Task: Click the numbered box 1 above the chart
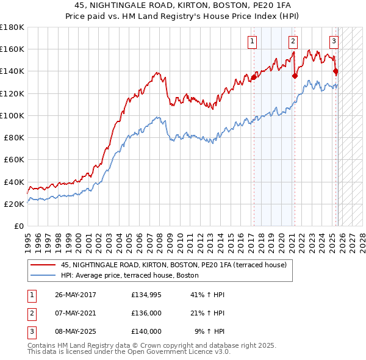click(x=252, y=41)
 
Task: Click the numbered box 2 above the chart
click(x=293, y=41)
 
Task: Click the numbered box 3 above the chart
click(x=334, y=41)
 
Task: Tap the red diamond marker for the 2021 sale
click(x=295, y=76)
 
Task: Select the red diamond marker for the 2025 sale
click(x=335, y=71)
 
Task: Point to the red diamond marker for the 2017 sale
click(x=254, y=77)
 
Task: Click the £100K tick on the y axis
click(x=12, y=115)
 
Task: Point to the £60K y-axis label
click(x=14, y=160)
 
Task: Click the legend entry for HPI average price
click(x=134, y=276)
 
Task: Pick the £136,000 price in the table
click(x=146, y=313)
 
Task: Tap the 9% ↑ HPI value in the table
click(x=209, y=331)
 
